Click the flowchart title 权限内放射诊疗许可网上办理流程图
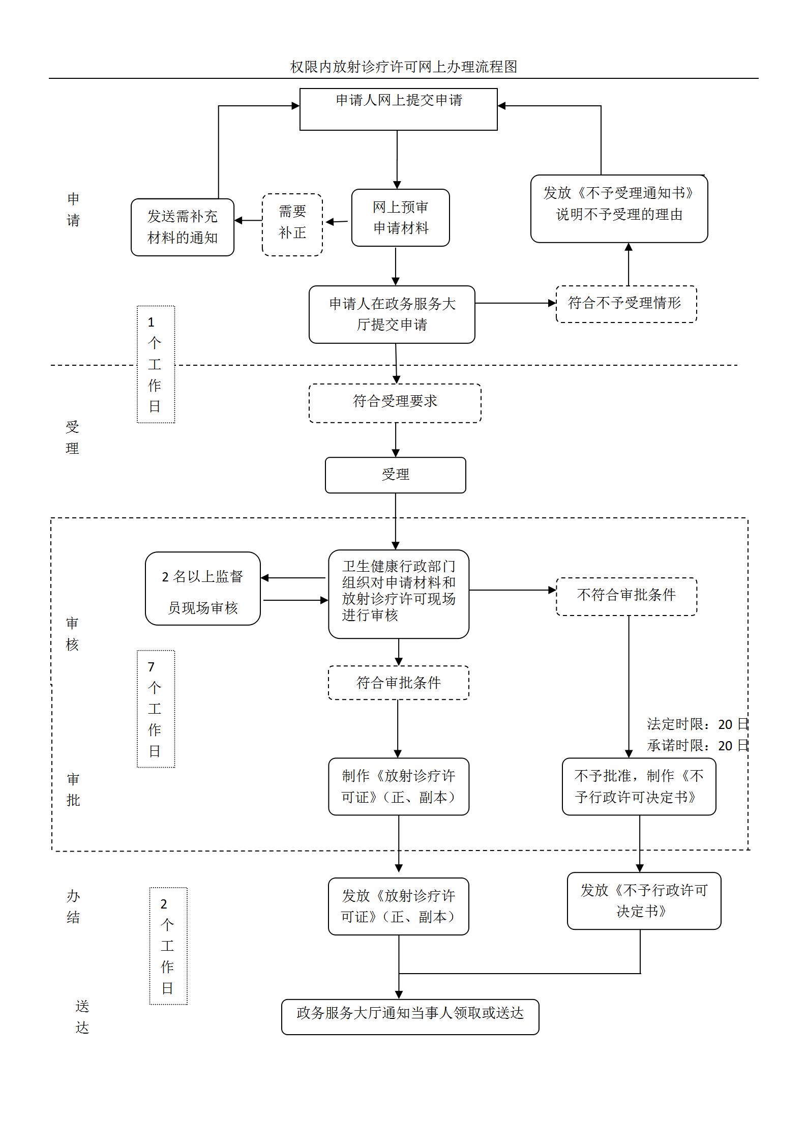(403, 67)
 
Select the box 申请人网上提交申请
(398, 109)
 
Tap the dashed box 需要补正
(292, 224)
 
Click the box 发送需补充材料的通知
(182, 227)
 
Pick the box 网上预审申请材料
(400, 218)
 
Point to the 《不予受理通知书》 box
(618, 209)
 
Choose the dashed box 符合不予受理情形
(625, 304)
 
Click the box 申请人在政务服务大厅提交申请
(392, 314)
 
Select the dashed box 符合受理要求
(395, 402)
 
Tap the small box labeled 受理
(395, 475)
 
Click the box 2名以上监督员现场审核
(202, 589)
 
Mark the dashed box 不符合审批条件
(626, 596)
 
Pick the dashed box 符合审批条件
(398, 683)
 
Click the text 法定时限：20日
(697, 724)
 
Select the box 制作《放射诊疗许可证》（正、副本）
(398, 786)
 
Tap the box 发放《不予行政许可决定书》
(643, 901)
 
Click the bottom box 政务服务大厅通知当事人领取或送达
(410, 1017)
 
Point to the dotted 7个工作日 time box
(156, 709)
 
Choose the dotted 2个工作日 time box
(168, 946)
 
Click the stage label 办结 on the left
(73, 906)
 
